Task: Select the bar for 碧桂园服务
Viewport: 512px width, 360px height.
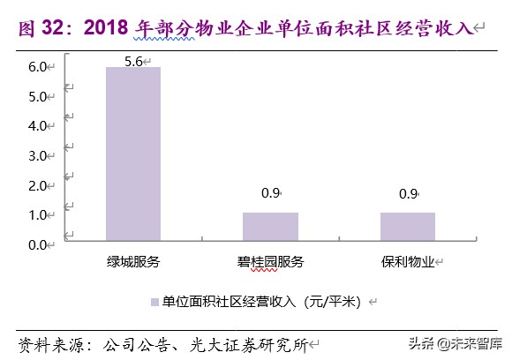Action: tap(270, 225)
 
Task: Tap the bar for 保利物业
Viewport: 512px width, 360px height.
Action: tap(407, 225)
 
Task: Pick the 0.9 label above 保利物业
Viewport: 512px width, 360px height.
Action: tap(407, 193)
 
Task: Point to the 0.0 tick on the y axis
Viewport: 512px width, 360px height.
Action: tap(37, 244)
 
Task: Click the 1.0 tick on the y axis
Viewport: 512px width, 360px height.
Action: tap(37, 215)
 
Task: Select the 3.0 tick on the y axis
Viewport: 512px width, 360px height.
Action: tap(37, 156)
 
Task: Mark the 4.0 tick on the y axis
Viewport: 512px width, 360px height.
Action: tap(37, 126)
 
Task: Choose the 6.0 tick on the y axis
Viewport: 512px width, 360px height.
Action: tap(37, 67)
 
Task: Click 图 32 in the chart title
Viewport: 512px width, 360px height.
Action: tap(44, 28)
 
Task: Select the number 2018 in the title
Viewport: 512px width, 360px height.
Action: tap(108, 28)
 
